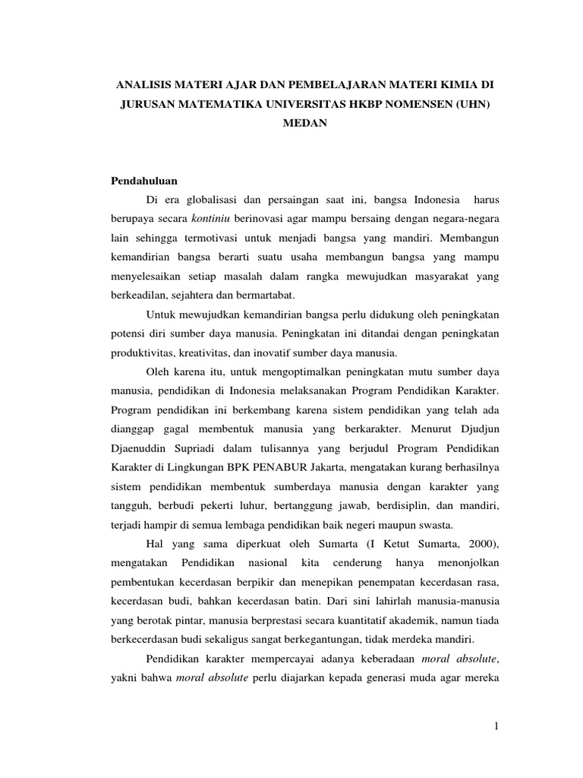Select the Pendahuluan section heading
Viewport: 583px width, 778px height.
[x=144, y=182]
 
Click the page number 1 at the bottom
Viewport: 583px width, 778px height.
[x=496, y=726]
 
